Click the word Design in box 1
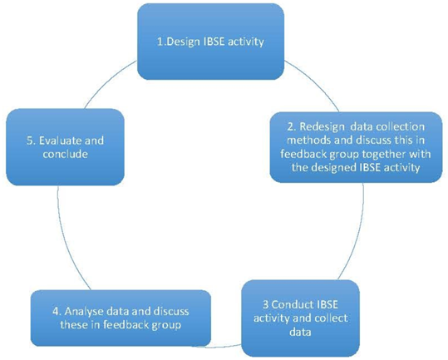[183, 42]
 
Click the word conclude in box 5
[66, 154]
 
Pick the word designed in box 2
[331, 168]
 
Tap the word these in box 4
[74, 325]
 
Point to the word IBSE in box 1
[215, 42]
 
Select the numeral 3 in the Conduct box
[266, 304]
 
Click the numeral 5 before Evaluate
[30, 141]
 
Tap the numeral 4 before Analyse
[57, 311]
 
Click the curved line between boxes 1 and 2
[318, 82]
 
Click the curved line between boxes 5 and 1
[107, 81]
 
